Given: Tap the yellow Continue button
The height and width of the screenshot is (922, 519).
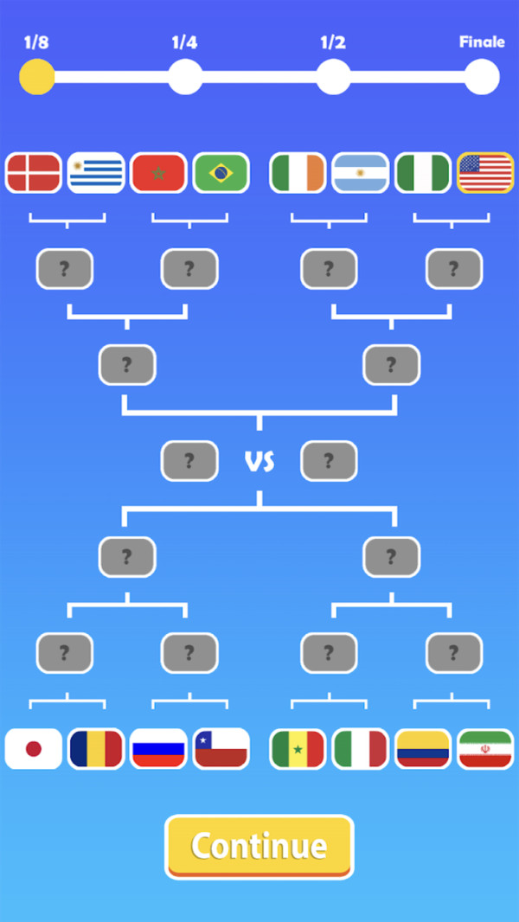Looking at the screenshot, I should pos(259,846).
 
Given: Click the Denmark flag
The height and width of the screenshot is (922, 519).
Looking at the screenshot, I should pos(34,173).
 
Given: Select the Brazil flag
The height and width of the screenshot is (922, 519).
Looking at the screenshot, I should pos(221,173).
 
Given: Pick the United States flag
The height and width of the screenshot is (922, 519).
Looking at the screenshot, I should pos(485,173).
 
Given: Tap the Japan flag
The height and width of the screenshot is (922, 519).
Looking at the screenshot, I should pos(34,749).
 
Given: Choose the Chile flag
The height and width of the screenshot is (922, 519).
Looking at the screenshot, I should pos(221,749).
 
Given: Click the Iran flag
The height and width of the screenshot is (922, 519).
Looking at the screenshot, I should pos(485,749).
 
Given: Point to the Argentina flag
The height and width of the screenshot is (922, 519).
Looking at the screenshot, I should pos(361,173).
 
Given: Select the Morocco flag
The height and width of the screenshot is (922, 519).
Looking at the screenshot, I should pos(158,173).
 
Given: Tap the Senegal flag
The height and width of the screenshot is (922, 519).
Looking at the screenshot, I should pos(298,749).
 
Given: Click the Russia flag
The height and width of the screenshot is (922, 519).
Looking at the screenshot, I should pos(158,749).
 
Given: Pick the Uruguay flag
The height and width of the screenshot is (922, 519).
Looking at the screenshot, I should pos(96,173).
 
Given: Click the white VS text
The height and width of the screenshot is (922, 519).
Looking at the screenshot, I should pos(259,462).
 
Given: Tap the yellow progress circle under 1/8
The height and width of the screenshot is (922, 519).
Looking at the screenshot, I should pos(37,77).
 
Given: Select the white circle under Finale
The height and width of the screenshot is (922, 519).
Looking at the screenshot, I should pos(482,77).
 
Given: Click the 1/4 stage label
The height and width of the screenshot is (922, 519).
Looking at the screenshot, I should pos(184,42).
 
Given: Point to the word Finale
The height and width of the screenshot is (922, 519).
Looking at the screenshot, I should pos(482,42).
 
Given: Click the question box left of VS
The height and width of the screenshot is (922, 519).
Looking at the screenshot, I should pos(189,461).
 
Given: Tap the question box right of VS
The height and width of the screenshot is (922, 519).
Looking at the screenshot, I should pos(329,461).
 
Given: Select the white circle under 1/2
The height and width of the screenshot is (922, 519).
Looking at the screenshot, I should pos(333,77).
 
